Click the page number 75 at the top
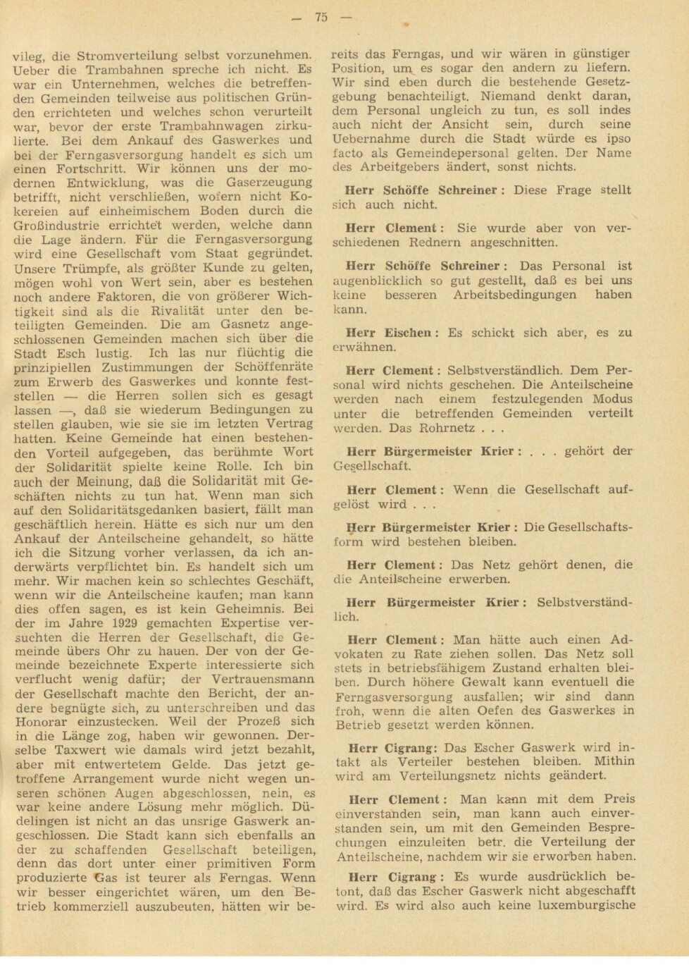[321, 18]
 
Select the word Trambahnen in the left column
[125, 70]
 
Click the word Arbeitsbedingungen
[514, 295]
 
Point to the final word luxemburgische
[584, 905]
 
